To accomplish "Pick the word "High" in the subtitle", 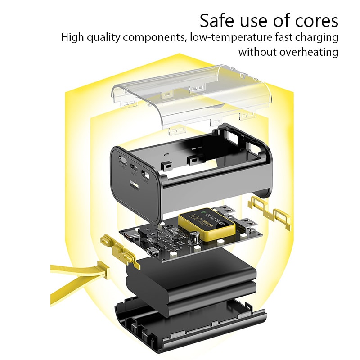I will click(x=72, y=36).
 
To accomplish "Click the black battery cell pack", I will click(x=189, y=279).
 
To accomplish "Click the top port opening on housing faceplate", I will click(x=122, y=160).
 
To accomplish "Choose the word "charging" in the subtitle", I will click(x=315, y=36).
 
